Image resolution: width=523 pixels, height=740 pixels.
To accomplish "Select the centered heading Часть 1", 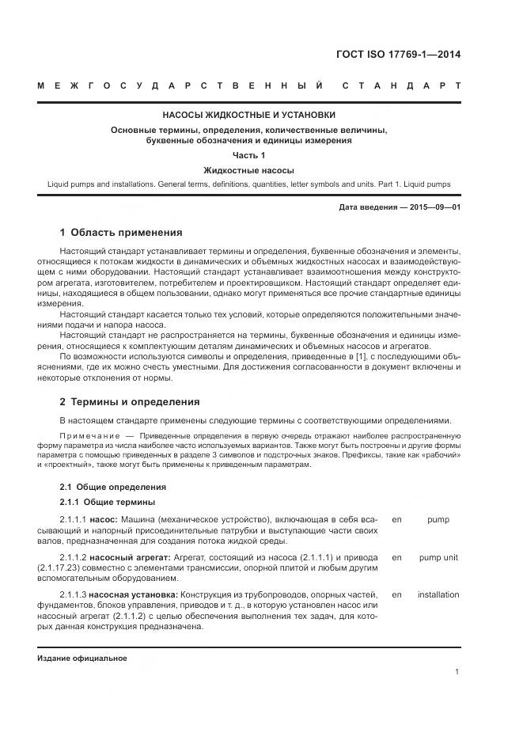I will pos(248,155).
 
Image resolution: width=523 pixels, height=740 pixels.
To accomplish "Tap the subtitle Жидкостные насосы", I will pos(248,169).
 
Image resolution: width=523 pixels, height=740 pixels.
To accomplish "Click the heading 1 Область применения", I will pos(121,233).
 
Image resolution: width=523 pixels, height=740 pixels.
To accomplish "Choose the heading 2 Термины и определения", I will pos(130,401).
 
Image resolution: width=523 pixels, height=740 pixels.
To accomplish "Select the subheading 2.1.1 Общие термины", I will pos(108,503).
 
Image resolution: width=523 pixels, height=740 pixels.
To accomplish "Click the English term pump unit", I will pos(438,557).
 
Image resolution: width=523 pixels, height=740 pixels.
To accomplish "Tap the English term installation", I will pos(438,594).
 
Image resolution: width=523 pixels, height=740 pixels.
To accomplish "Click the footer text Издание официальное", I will pos(82,658).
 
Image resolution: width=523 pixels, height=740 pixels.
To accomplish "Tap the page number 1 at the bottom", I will pos(457,672).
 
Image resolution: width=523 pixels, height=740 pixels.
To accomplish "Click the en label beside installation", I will pos(396,594).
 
